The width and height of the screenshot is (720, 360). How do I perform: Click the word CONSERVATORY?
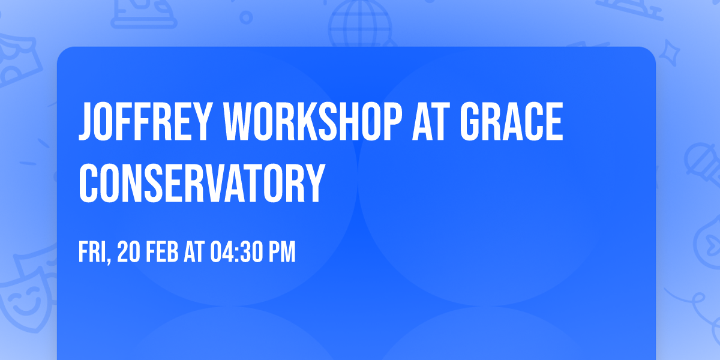tap(202, 183)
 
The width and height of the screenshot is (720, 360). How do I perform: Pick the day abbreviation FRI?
tap(92, 252)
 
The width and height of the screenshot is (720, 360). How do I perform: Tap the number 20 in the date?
tap(128, 252)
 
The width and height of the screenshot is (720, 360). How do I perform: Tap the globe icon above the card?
tap(360, 24)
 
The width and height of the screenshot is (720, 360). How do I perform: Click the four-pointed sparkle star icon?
tap(669, 53)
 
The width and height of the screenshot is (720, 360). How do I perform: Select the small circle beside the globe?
tap(246, 17)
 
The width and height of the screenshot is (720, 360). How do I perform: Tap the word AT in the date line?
tap(194, 252)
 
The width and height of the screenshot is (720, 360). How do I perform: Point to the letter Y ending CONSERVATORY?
tap(313, 183)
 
